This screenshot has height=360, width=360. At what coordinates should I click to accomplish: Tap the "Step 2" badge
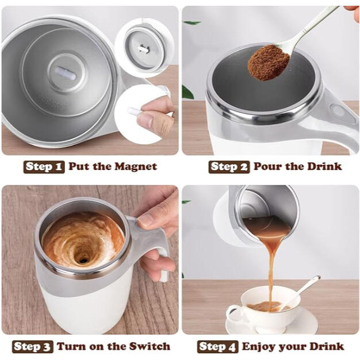coord(229,167)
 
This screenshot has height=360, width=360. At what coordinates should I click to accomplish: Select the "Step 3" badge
coord(34,346)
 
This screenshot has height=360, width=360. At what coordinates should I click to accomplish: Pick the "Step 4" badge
coord(218,346)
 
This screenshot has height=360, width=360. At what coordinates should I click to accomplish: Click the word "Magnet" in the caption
coord(135,167)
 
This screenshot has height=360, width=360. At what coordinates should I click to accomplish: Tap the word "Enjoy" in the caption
coord(259,346)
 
